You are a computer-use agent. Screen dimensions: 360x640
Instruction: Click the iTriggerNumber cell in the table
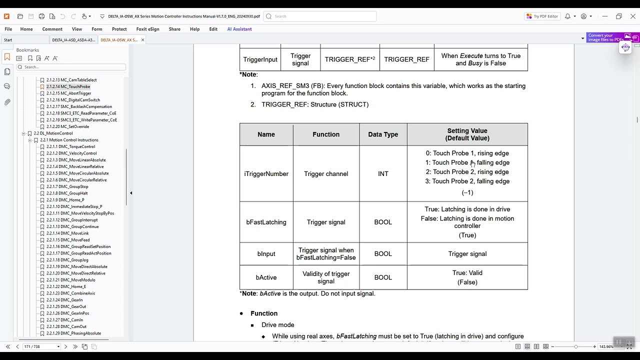(x=266, y=174)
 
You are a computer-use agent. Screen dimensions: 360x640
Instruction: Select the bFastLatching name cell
(x=266, y=222)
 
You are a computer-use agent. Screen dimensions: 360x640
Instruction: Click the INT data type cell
(x=383, y=174)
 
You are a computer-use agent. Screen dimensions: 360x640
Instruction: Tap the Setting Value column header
(x=467, y=134)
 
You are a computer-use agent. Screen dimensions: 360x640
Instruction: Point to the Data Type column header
(x=383, y=134)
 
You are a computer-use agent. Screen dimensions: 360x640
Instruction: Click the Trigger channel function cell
(x=326, y=174)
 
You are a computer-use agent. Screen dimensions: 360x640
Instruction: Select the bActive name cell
(x=266, y=277)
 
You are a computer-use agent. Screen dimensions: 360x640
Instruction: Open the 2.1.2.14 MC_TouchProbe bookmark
(x=68, y=86)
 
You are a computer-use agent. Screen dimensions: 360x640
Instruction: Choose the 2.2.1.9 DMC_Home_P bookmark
(x=65, y=200)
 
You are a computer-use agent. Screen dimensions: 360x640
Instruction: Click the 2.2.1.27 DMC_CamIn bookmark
(x=65, y=320)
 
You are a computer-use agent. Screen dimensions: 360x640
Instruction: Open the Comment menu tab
(x=52, y=29)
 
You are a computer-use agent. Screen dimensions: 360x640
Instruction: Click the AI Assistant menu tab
(x=239, y=29)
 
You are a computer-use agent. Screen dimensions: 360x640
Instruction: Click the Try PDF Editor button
(x=542, y=16)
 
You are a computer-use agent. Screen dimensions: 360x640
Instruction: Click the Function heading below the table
(x=264, y=313)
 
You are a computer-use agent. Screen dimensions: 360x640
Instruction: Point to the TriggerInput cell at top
(x=260, y=59)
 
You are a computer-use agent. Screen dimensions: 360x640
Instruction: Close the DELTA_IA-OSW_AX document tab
(x=142, y=40)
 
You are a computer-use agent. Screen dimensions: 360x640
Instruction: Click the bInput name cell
(x=266, y=254)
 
